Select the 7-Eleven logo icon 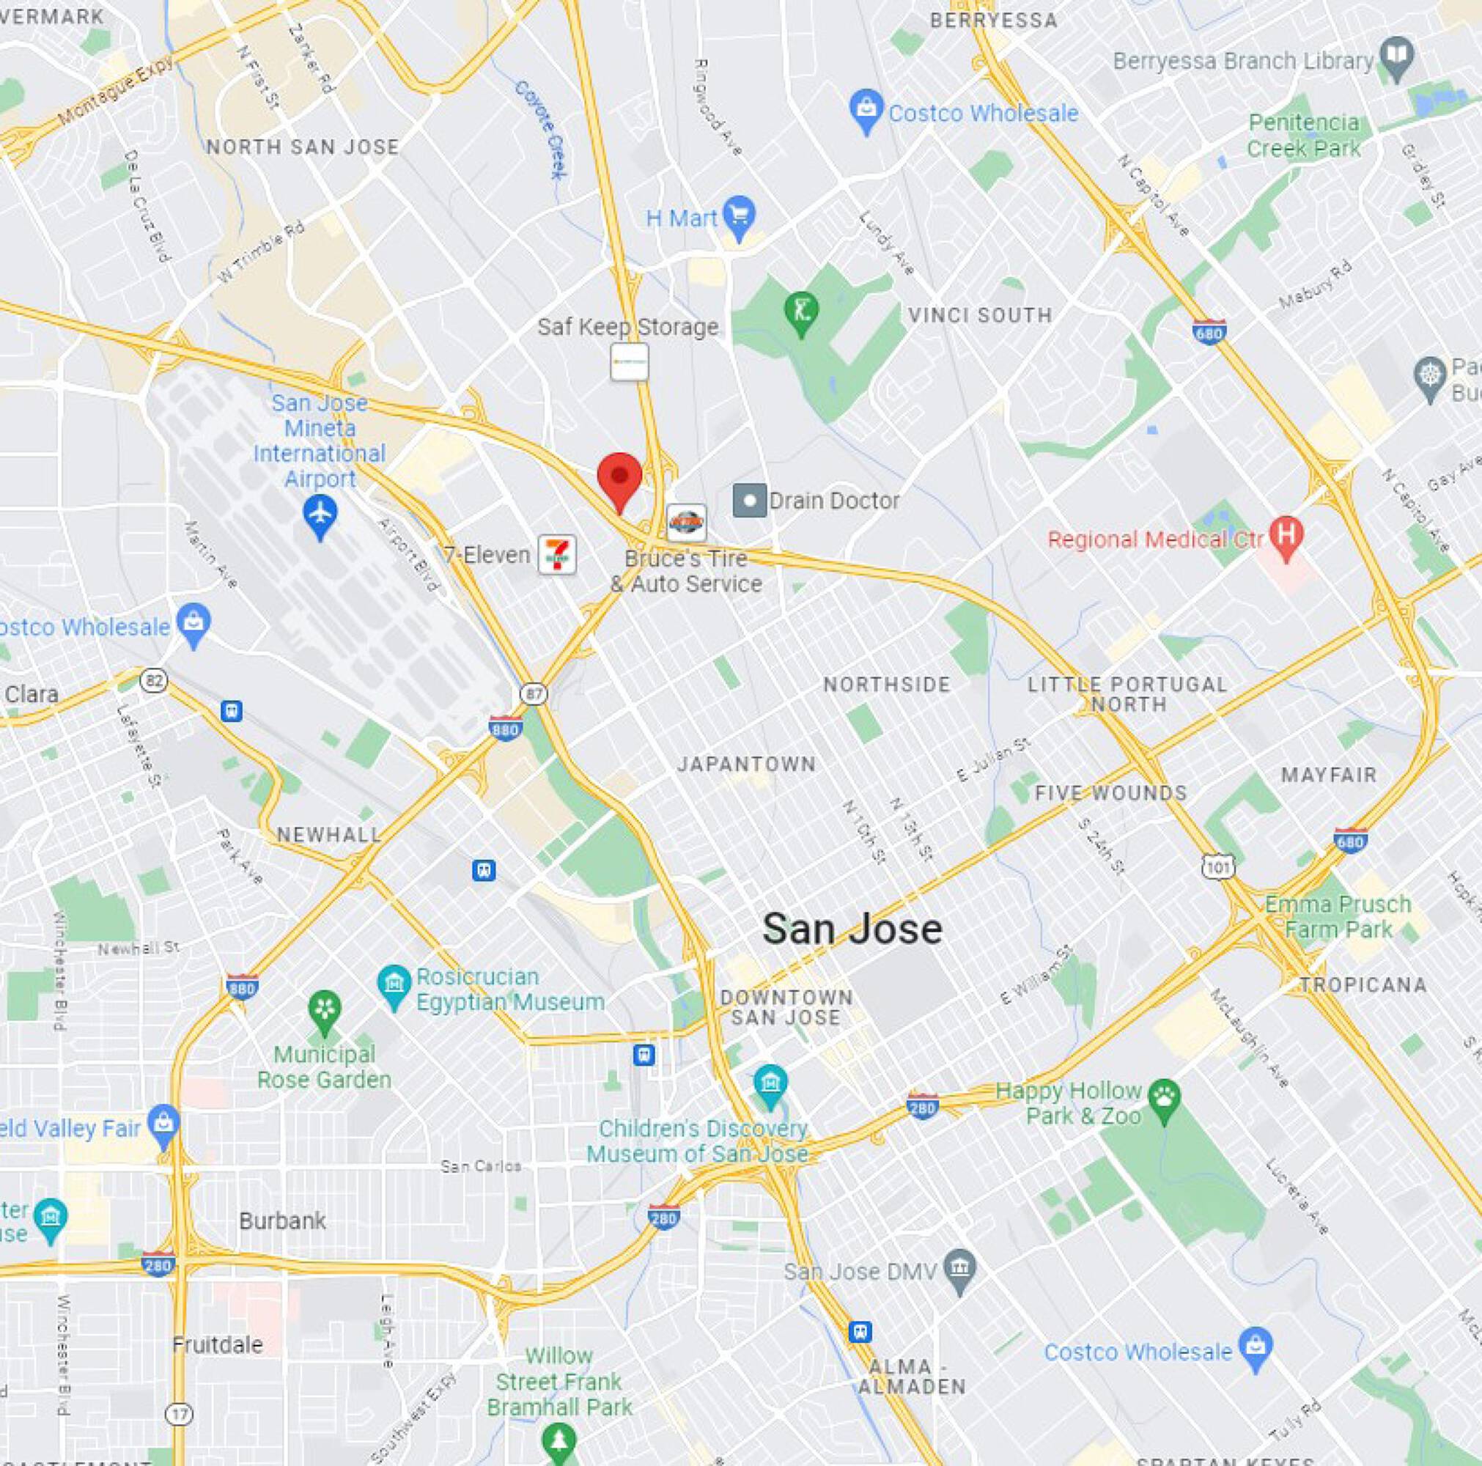(557, 554)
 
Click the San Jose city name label (852, 929)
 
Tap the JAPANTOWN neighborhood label (746, 764)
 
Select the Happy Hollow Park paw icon (1165, 1102)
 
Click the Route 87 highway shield (534, 693)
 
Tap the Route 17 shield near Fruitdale (181, 1414)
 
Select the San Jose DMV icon (959, 1271)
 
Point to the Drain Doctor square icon (750, 501)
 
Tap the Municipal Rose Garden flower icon (325, 1012)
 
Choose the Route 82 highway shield (154, 679)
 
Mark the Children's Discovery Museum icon (770, 1086)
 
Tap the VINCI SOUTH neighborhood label (979, 315)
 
